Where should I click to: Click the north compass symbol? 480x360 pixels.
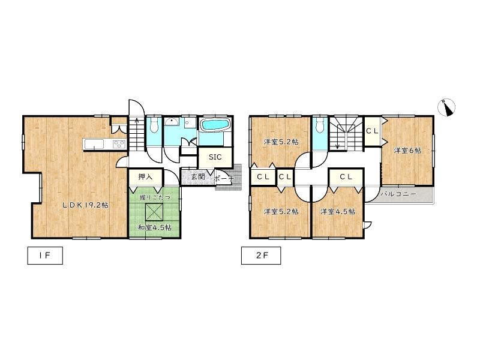[x=446, y=108]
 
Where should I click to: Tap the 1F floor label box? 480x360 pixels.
[x=45, y=256]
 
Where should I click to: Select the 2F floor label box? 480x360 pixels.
[x=261, y=256]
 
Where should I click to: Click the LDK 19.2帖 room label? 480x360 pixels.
[x=85, y=205]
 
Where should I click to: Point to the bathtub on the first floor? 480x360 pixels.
[x=213, y=125]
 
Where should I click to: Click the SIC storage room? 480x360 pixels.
[x=215, y=157]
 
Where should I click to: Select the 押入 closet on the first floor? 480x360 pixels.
[x=145, y=177]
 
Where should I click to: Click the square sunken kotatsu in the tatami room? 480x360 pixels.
[x=155, y=212]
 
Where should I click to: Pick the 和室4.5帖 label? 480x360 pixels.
[x=154, y=228]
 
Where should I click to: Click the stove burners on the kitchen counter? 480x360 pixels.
[x=119, y=144]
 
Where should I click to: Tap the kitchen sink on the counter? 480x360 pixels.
[x=94, y=143]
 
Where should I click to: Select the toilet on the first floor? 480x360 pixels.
[x=154, y=125]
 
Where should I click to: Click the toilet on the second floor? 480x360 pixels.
[x=320, y=125]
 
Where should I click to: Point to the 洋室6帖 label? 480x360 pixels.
[x=407, y=151]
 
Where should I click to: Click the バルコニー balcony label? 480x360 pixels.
[x=398, y=194]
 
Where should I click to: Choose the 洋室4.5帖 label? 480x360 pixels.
[x=338, y=211]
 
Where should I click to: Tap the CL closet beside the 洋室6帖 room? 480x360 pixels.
[x=372, y=131]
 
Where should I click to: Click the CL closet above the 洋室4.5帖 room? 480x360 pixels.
[x=346, y=176]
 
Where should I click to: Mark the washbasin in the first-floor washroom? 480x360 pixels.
[x=172, y=122]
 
